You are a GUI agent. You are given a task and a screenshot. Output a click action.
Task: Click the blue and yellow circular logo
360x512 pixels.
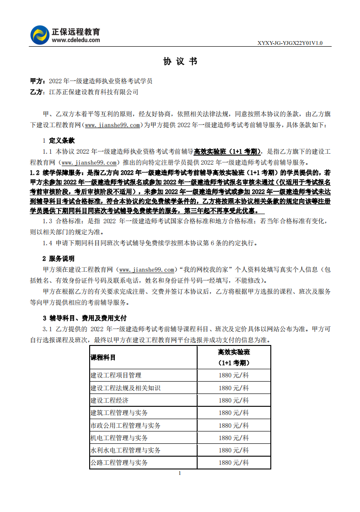click(40, 35)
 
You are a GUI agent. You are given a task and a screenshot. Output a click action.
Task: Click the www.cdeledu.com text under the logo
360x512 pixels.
click(76, 40)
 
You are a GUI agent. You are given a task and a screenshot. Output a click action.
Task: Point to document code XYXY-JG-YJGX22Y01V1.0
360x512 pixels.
click(290, 43)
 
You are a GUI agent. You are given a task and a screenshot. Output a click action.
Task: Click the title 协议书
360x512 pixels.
click(180, 61)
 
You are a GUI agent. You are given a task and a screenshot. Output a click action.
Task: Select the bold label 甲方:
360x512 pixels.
click(38, 81)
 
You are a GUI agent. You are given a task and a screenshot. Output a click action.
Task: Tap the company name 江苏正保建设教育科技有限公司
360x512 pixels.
click(93, 92)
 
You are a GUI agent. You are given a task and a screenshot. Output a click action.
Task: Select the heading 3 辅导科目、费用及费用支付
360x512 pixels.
click(85, 318)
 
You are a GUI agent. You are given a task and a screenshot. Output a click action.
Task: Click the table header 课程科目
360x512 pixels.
click(103, 357)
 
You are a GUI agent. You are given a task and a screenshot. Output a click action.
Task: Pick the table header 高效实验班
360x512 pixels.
click(234, 352)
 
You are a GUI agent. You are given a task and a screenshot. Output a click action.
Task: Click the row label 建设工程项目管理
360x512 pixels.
click(116, 375)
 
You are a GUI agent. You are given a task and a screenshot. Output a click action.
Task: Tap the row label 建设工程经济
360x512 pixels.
click(109, 400)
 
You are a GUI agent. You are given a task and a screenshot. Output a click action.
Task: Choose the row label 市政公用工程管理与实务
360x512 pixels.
click(125, 426)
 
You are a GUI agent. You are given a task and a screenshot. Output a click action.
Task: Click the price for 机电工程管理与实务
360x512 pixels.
click(234, 438)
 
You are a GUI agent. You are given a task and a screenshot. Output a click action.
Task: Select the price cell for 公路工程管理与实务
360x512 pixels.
click(234, 463)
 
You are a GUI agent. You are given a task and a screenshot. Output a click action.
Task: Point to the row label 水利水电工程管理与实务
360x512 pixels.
click(125, 450)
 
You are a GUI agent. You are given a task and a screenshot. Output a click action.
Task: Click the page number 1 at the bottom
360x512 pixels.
click(180, 473)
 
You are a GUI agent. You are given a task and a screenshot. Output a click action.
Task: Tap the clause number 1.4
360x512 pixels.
click(48, 243)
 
